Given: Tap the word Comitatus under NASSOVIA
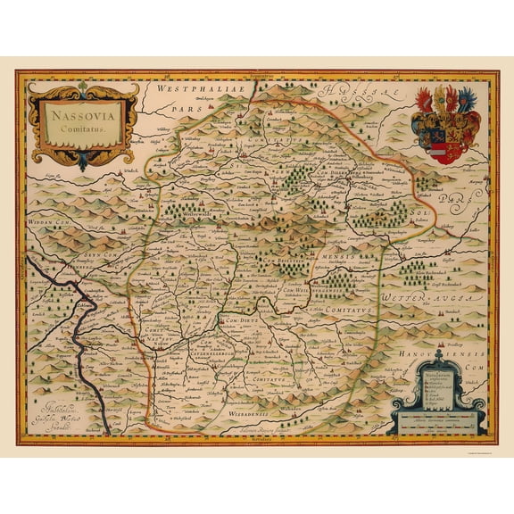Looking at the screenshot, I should (x=83, y=129).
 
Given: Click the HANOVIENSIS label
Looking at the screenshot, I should (x=446, y=339).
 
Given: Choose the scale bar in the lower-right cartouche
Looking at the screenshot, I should (x=438, y=417).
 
